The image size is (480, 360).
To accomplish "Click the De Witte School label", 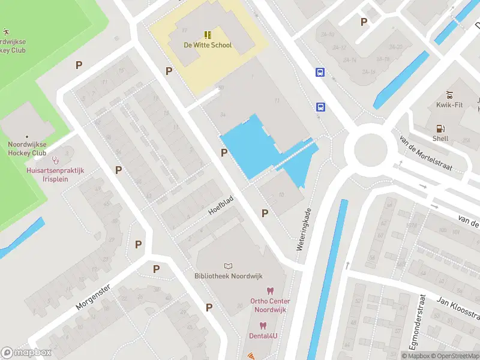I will [x=208, y=45].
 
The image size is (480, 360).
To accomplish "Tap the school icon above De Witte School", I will [x=208, y=35].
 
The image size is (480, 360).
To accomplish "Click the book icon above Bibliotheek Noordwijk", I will [x=227, y=266].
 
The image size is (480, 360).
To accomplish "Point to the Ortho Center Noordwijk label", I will [x=270, y=305].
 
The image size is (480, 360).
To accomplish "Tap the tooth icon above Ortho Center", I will [x=270, y=291].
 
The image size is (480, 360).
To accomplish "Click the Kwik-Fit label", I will [x=449, y=105].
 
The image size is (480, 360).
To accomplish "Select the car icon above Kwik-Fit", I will [x=449, y=95].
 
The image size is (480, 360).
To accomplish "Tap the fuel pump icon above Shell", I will [x=440, y=128].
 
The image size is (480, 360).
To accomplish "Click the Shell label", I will [x=440, y=139].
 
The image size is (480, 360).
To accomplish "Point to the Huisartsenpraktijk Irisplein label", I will [x=56, y=175].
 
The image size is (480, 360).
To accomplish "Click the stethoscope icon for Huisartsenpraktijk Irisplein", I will [x=56, y=160].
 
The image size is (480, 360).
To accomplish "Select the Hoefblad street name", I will [x=220, y=204].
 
